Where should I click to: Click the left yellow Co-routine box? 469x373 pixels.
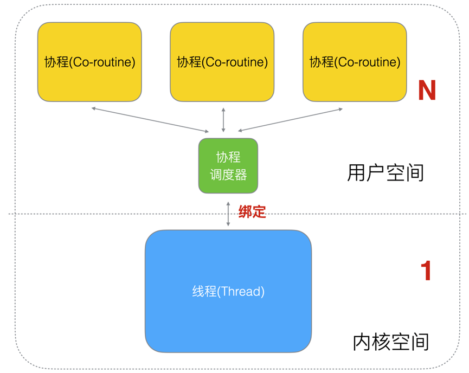coord(89,62)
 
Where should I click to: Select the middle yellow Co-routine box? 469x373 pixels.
coord(222,62)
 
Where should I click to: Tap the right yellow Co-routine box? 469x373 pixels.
coord(355,62)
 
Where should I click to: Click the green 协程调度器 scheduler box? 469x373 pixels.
coord(228,166)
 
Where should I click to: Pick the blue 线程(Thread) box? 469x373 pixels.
coord(228,291)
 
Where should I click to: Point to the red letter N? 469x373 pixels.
coord(427,91)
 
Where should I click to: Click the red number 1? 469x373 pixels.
coord(426,271)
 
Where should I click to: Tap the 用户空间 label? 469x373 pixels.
coord(386,173)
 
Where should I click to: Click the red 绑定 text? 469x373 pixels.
coord(253,211)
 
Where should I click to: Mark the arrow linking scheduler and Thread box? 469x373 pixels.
coord(228,212)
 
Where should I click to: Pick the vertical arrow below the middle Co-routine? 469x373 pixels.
coord(223,120)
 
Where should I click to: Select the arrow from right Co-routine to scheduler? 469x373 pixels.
coord(290,120)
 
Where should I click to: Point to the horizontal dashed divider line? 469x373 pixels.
coord(108,214)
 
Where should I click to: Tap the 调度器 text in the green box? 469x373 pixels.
coord(228,175)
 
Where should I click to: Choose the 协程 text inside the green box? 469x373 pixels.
coord(228,158)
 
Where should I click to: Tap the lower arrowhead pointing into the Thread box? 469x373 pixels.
coord(228,224)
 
